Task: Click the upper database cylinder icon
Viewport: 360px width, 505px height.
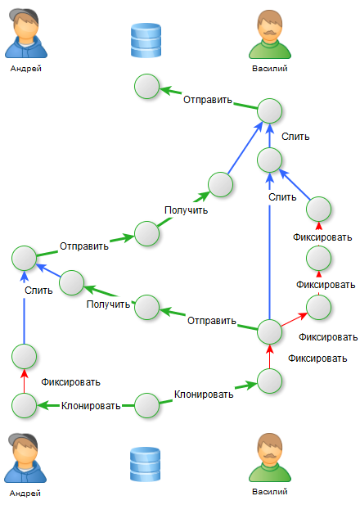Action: point(146,40)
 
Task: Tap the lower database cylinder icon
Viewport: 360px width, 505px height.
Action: point(145,464)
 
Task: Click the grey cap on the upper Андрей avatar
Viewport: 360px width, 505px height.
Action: point(23,16)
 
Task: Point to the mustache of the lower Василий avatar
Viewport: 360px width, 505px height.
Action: point(270,456)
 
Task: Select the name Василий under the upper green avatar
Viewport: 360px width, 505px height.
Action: point(269,69)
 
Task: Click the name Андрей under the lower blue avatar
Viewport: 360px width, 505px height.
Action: point(25,493)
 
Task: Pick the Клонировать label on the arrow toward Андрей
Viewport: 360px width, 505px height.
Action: point(91,406)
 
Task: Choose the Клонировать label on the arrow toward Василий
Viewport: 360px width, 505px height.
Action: point(204,395)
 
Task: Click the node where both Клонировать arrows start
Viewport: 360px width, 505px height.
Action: point(146,405)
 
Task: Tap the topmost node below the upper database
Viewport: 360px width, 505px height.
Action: point(146,86)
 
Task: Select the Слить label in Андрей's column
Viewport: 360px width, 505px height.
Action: point(38,291)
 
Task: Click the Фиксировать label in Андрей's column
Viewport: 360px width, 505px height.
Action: point(71,382)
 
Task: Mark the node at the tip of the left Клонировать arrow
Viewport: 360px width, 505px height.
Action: point(25,405)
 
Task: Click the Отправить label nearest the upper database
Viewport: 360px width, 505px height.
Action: point(208,100)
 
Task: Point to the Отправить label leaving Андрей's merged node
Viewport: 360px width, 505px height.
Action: point(84,246)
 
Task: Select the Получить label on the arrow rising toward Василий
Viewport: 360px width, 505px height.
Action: point(186,210)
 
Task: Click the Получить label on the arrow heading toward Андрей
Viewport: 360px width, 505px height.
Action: point(108,304)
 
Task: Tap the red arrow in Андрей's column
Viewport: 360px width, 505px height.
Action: point(25,381)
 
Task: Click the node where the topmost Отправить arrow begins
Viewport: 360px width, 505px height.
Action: point(269,110)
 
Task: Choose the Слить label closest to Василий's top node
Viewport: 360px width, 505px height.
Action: point(295,137)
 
